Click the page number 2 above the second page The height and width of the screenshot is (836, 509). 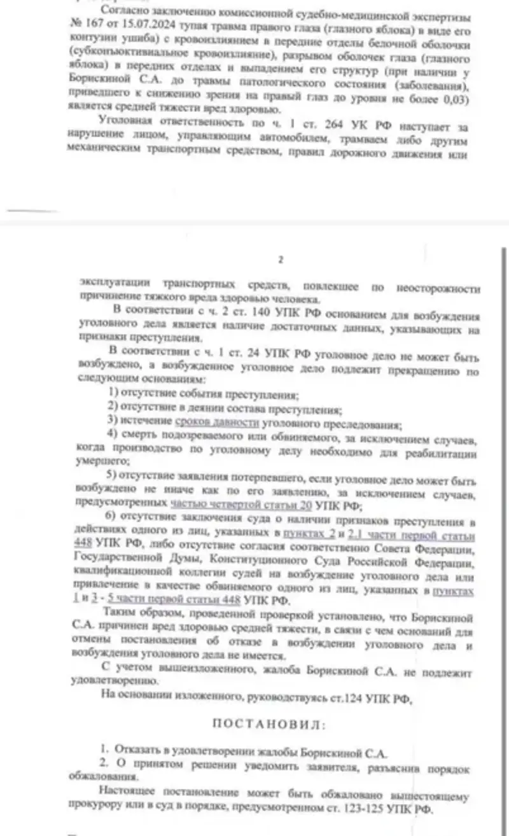281,259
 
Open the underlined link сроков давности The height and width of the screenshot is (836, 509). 216,423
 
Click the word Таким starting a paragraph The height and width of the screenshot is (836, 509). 121,617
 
